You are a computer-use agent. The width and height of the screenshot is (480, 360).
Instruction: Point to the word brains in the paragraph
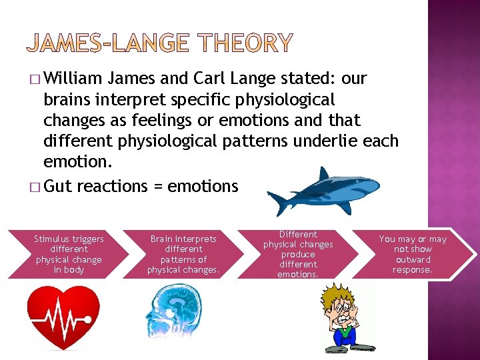pyautogui.click(x=67, y=99)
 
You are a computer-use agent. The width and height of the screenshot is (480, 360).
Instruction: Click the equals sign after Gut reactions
pyautogui.click(x=158, y=187)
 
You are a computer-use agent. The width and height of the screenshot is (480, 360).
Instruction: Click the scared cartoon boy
pyautogui.click(x=345, y=317)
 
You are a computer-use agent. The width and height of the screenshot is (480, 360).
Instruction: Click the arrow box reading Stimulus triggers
pyautogui.click(x=69, y=254)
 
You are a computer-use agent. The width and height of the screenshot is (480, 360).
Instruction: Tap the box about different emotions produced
pyautogui.click(x=298, y=254)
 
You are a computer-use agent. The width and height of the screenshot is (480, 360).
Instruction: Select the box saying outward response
pyautogui.click(x=413, y=254)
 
